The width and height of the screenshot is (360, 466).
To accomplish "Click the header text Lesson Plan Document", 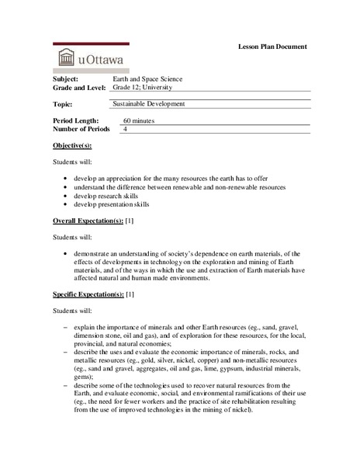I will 272,47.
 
